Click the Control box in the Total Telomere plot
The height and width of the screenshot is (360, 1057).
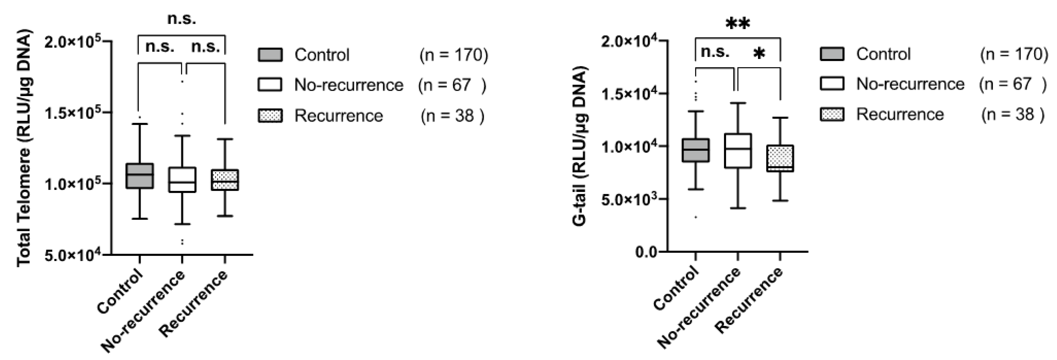coord(139,176)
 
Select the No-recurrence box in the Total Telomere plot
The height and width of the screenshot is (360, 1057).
coord(182,180)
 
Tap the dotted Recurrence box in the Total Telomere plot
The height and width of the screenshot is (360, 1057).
coord(225,180)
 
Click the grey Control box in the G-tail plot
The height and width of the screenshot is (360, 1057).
coord(696,150)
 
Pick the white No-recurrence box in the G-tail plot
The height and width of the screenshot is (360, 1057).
coord(738,151)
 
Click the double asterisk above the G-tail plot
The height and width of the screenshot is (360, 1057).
coord(738,24)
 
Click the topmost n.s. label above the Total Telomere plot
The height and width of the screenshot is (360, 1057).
coord(181,18)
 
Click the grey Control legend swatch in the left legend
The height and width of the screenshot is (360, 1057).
coord(270,55)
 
